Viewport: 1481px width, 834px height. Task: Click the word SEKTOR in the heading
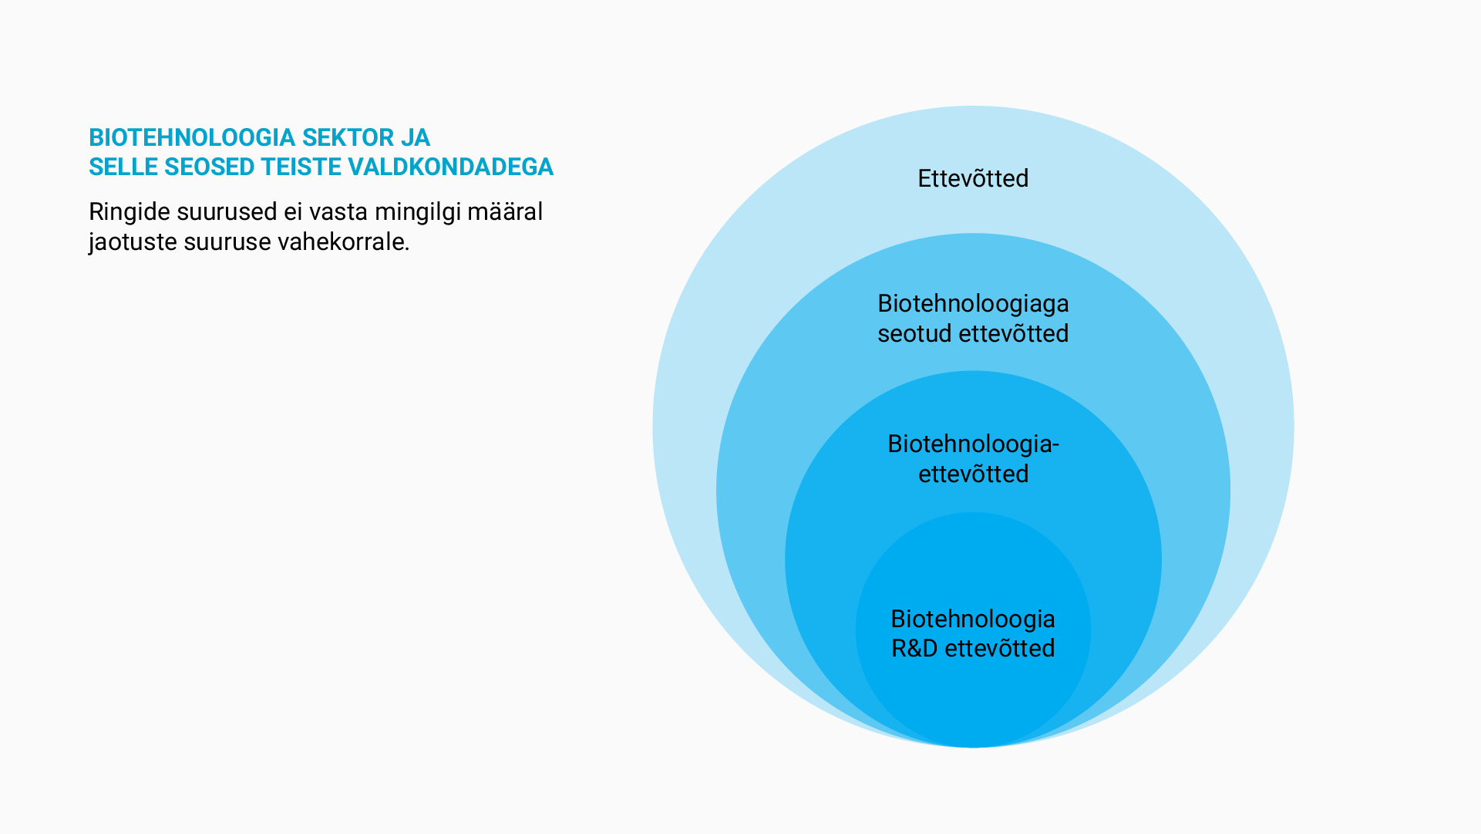(347, 137)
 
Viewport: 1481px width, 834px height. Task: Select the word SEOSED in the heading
(210, 167)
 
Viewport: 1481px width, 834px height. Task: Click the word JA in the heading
(415, 137)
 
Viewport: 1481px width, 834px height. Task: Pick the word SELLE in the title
(123, 167)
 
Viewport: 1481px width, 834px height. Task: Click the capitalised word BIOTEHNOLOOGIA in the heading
(192, 137)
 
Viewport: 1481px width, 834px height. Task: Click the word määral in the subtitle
(505, 211)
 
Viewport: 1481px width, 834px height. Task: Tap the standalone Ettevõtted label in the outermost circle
(973, 178)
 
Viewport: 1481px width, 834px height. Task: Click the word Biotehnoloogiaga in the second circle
(973, 304)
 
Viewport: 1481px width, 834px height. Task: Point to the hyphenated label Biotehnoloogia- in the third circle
(973, 444)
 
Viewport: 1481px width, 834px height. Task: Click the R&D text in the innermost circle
(914, 648)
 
